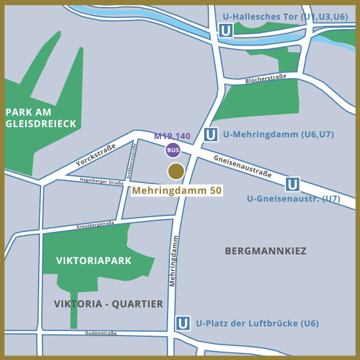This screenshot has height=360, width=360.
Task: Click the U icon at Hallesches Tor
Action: coord(225,30)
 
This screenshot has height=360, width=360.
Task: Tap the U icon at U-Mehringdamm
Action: coord(211,135)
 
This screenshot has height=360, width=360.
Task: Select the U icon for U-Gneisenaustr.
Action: coord(293,184)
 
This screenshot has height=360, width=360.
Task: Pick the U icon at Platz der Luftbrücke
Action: coord(184,323)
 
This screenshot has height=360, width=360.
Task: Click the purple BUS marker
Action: coord(173,150)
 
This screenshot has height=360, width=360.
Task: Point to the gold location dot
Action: coord(176,171)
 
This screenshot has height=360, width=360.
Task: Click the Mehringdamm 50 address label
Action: coord(177,191)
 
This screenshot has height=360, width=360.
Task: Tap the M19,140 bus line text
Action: coord(172,137)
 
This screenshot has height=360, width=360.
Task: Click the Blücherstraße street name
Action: coord(265,81)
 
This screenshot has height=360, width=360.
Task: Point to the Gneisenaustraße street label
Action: coord(242,166)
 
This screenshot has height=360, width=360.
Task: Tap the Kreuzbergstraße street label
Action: coord(95,225)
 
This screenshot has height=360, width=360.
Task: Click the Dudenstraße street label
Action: coord(100,333)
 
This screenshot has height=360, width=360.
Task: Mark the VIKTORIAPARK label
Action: coord(94,261)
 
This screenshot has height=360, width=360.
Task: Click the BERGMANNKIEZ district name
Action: coord(265,251)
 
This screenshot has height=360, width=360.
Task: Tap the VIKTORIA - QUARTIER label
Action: coord(109,303)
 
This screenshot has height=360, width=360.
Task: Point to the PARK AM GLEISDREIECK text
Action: coord(41,117)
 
